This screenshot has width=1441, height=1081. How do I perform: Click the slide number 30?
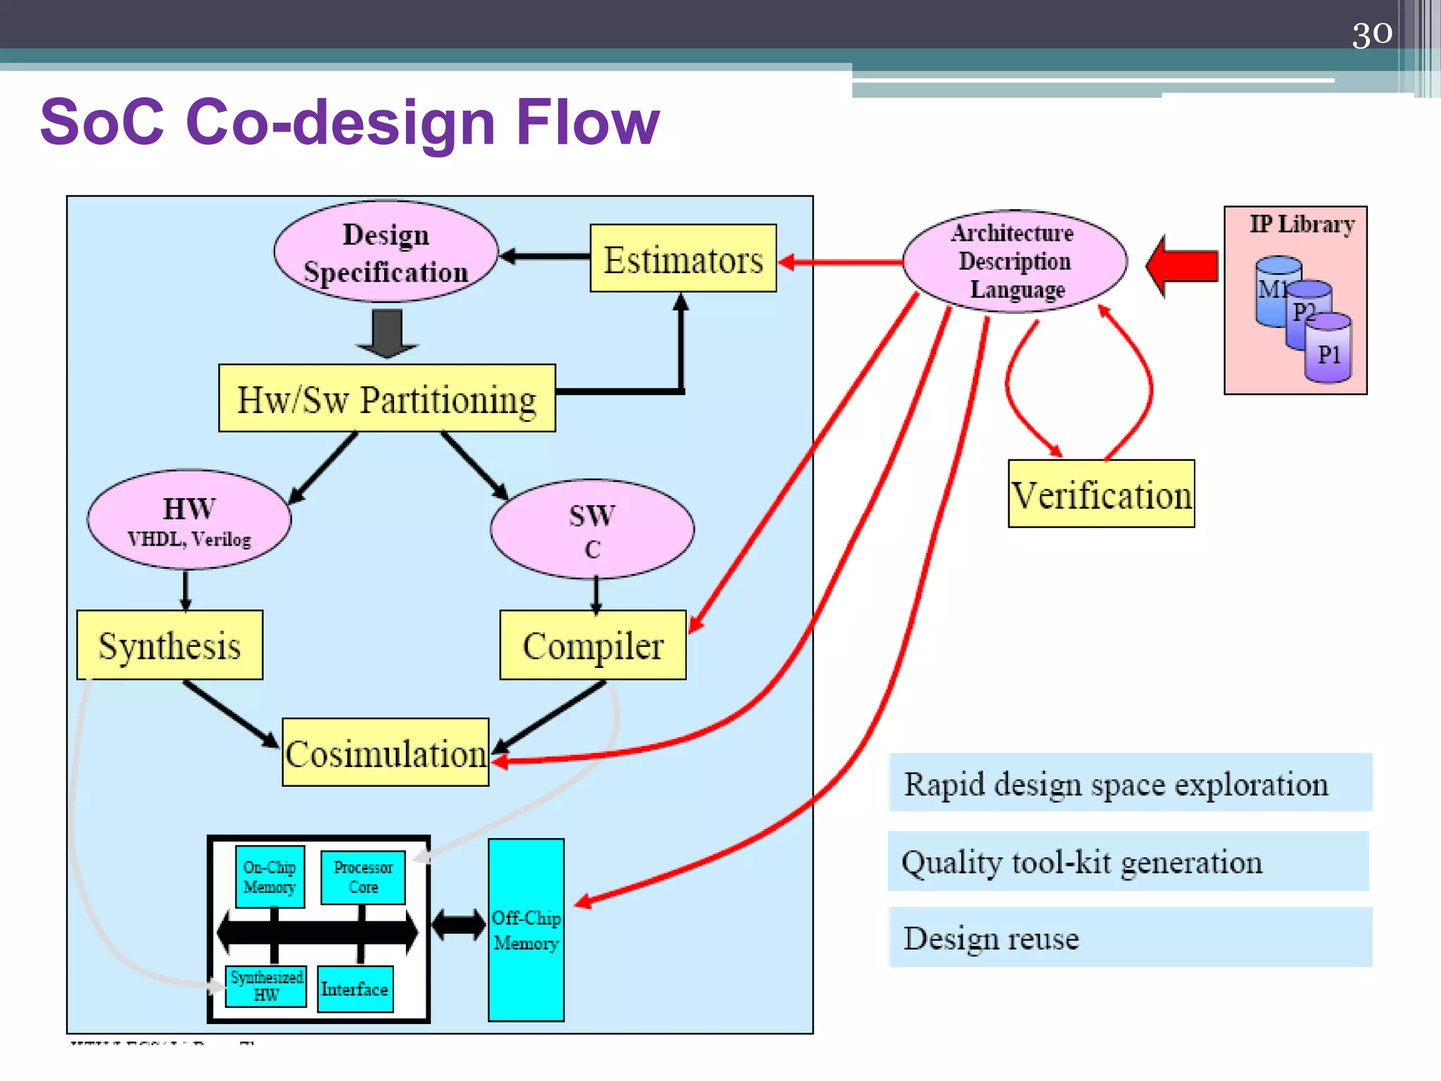(x=1371, y=33)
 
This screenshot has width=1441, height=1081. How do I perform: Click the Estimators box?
(x=683, y=258)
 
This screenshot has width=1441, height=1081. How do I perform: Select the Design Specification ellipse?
(x=386, y=253)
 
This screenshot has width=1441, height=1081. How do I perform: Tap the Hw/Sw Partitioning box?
(x=386, y=398)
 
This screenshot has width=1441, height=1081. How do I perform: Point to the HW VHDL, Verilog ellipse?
(x=189, y=519)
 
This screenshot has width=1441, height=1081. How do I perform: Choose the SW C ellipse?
(x=592, y=529)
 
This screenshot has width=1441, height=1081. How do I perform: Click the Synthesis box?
(x=170, y=645)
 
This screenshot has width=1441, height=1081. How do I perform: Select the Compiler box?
(x=592, y=645)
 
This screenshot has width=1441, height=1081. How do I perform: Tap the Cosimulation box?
(x=385, y=752)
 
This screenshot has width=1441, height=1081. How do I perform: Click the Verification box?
(x=1100, y=493)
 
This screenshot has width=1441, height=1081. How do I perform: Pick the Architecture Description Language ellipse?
(x=1014, y=261)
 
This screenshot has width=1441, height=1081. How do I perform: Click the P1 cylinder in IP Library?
(x=1328, y=350)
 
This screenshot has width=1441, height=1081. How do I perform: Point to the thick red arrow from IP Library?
(x=1183, y=266)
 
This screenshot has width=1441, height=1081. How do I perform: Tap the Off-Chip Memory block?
(x=526, y=929)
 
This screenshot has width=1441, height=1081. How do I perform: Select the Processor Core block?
(x=362, y=877)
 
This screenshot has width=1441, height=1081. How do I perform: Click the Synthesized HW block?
(x=266, y=985)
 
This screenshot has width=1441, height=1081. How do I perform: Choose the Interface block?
(x=355, y=989)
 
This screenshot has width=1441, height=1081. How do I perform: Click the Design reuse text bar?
(x=1129, y=937)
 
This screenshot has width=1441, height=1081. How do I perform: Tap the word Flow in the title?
(x=587, y=122)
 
